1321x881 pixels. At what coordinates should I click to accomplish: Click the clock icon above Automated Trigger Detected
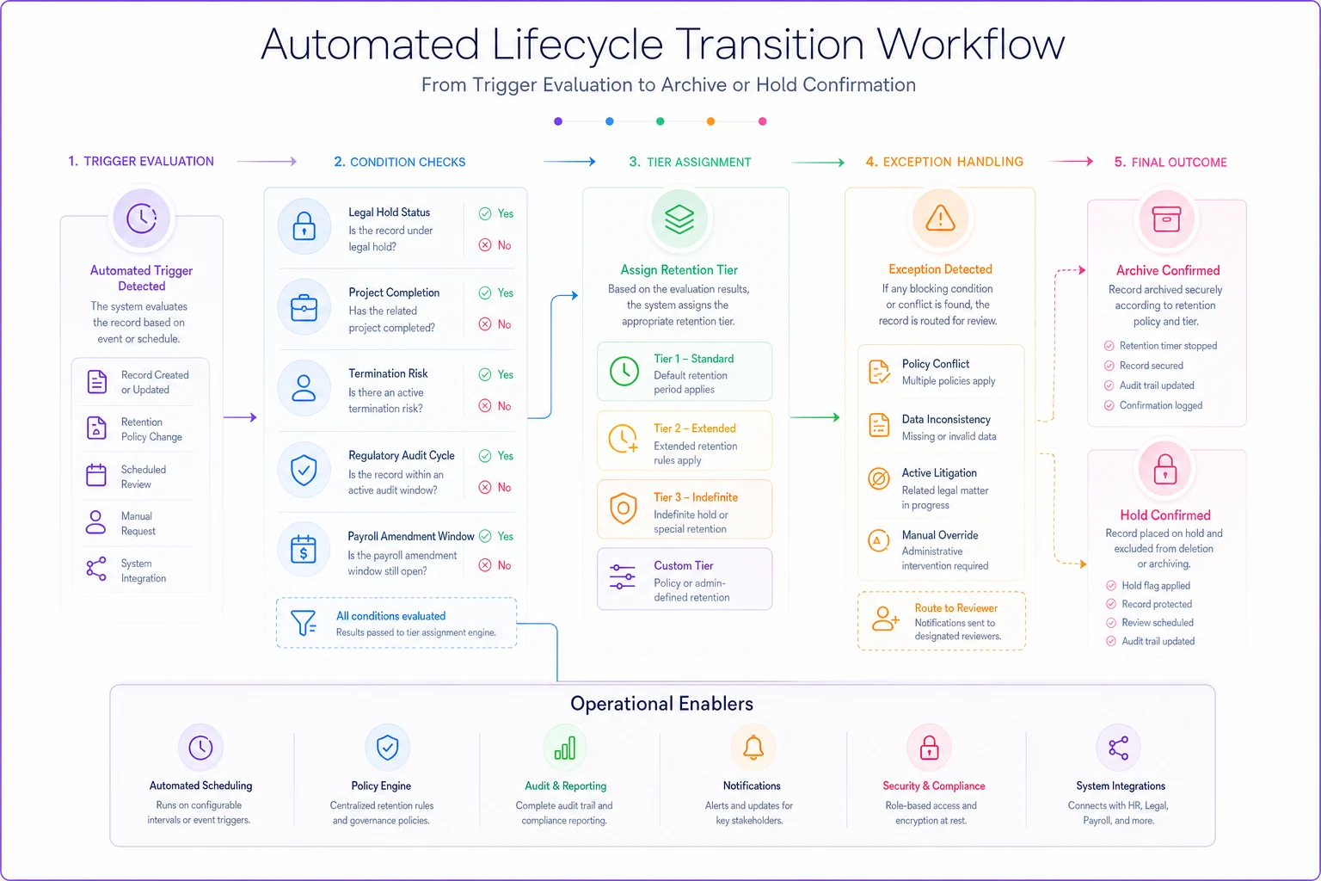click(142, 219)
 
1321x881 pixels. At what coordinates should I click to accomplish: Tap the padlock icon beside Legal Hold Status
click(304, 226)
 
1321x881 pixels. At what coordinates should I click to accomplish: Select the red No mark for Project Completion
click(485, 324)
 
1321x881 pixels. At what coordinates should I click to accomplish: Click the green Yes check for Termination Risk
click(485, 375)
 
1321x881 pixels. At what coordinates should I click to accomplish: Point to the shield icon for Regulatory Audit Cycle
click(304, 470)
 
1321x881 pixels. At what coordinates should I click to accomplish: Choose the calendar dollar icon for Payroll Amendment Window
click(303, 550)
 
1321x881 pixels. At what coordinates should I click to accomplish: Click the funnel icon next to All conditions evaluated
click(304, 623)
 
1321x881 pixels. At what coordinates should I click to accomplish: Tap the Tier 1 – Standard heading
click(693, 359)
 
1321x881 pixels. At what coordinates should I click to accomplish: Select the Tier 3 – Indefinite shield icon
click(624, 508)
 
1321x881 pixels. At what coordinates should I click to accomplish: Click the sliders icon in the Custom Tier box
click(622, 576)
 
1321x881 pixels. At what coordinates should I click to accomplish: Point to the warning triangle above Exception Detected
click(940, 218)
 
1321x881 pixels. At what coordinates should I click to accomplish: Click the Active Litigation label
click(939, 472)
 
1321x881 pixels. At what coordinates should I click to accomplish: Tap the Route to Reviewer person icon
click(885, 619)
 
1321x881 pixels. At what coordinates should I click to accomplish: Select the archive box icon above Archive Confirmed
click(1166, 219)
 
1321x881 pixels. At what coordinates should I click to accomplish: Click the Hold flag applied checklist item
click(1156, 585)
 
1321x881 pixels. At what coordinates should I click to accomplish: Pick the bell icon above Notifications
click(753, 748)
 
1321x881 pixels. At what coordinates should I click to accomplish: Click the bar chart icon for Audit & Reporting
click(564, 749)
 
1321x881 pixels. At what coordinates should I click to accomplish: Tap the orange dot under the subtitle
click(710, 121)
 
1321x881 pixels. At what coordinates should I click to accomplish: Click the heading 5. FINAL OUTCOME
click(1170, 163)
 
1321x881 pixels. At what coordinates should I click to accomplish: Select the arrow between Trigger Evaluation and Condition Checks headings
click(267, 161)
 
